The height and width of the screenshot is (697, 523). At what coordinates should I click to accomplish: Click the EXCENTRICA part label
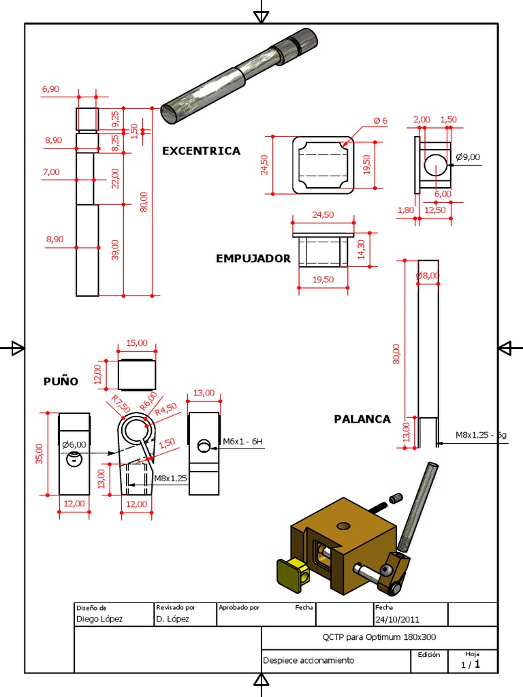[201, 151]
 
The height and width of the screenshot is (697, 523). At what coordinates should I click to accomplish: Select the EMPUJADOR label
[253, 259]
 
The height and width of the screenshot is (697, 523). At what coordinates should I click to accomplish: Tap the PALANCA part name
[362, 419]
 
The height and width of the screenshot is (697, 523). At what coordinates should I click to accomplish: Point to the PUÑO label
[61, 381]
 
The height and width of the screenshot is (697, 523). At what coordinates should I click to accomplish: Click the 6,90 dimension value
[51, 89]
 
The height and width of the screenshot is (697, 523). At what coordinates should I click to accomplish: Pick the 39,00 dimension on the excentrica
[115, 250]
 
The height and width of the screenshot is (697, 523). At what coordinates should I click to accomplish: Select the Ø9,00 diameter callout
[468, 157]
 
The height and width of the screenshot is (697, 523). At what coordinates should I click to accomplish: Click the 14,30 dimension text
[362, 250]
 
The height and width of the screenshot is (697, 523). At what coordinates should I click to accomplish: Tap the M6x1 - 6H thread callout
[242, 442]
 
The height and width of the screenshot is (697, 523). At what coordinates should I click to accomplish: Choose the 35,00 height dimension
[39, 453]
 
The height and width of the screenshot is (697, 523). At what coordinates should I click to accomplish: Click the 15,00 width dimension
[138, 344]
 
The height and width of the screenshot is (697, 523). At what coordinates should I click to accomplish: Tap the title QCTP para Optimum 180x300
[379, 638]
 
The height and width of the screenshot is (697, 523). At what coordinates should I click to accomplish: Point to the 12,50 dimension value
[434, 210]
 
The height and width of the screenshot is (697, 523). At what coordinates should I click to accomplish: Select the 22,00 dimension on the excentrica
[115, 178]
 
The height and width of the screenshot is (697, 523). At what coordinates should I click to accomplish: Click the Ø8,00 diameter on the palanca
[428, 276]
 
